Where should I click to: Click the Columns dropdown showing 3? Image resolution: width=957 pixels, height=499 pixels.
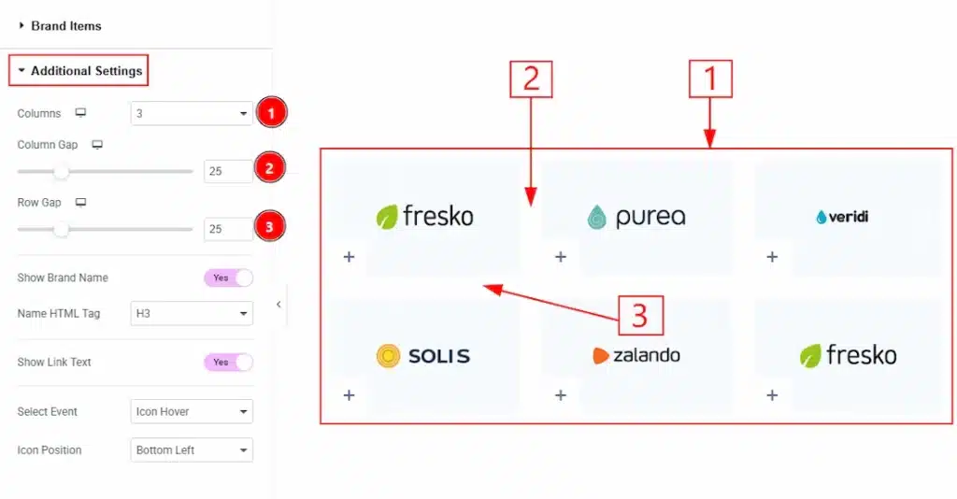[x=192, y=114]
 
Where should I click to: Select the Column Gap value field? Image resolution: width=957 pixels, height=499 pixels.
[x=227, y=172]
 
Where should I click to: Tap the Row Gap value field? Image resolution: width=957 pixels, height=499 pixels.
[x=227, y=229]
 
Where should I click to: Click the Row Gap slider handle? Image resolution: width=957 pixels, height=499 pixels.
[x=62, y=229]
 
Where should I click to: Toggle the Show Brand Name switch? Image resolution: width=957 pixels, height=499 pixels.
[x=229, y=278]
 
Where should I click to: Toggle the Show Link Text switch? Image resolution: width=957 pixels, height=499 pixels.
[x=229, y=362]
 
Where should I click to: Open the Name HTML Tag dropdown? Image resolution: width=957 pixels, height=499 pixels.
[x=192, y=314]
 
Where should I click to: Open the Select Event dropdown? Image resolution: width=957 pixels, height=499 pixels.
[x=192, y=411]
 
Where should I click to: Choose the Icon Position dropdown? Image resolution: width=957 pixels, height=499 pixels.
[x=192, y=450]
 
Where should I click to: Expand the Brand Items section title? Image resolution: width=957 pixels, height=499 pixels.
[x=65, y=26]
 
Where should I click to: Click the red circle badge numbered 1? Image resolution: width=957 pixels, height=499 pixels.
[x=271, y=114]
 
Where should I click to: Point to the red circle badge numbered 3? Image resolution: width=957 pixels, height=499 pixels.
[x=270, y=228]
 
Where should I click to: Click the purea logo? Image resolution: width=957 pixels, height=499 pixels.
[x=636, y=217]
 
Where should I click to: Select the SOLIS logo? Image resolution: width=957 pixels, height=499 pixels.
[x=423, y=355]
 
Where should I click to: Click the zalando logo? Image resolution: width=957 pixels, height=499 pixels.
[x=636, y=355]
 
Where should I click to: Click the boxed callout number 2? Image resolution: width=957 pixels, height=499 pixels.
[x=531, y=79]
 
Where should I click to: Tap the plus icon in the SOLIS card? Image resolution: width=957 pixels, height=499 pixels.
[x=349, y=395]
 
